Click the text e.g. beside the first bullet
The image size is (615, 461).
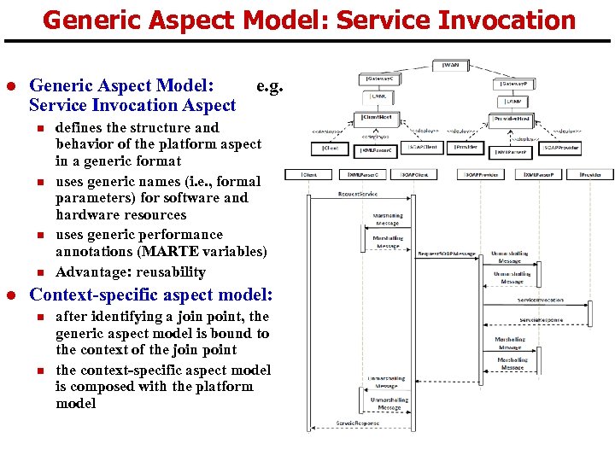click(270, 85)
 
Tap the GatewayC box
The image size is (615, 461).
click(379, 79)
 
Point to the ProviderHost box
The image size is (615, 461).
click(512, 119)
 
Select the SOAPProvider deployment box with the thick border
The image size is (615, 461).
click(559, 149)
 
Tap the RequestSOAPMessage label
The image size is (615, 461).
click(446, 254)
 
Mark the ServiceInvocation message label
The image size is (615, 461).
click(540, 300)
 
